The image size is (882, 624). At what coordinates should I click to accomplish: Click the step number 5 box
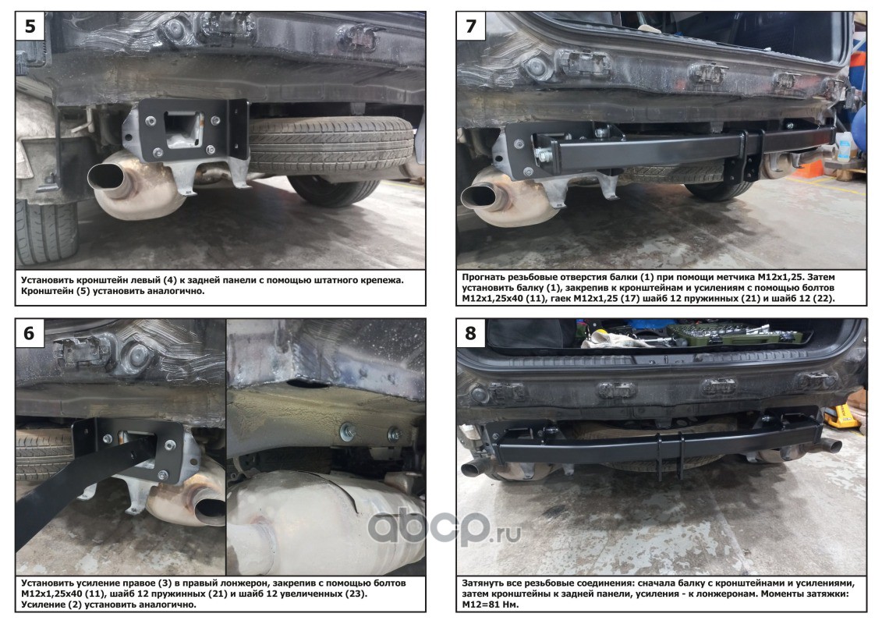pyautogui.click(x=30, y=26)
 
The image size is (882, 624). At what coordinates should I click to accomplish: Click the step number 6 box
pyautogui.click(x=30, y=334)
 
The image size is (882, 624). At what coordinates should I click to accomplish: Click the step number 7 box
pyautogui.click(x=471, y=26)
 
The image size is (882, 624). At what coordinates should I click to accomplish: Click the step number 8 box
pyautogui.click(x=471, y=334)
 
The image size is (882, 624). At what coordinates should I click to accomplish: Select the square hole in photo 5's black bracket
pyautogui.click(x=182, y=129)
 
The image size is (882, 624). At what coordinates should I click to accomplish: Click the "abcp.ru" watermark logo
pyautogui.click(x=444, y=529)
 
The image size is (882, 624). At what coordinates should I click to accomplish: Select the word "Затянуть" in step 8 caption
pyautogui.click(x=485, y=583)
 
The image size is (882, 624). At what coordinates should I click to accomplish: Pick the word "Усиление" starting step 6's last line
pyautogui.click(x=44, y=604)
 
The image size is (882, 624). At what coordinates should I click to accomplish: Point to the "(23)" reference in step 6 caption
pyautogui.click(x=355, y=594)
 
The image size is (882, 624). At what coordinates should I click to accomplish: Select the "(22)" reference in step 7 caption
pyautogui.click(x=823, y=299)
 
